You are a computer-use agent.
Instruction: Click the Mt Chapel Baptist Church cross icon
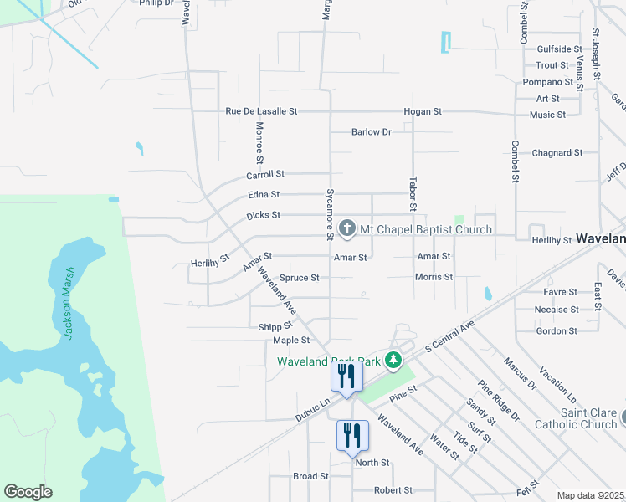pos(348,228)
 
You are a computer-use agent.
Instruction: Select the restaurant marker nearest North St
pos(351,436)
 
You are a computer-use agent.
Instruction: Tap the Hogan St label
pos(422,111)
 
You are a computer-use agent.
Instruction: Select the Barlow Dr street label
pos(372,132)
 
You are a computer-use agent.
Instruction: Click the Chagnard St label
pos(557,153)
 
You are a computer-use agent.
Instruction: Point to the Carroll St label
pos(265,174)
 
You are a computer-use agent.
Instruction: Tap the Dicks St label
pos(263,216)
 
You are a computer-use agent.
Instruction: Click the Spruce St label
pos(299,278)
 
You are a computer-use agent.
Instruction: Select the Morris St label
pos(434,277)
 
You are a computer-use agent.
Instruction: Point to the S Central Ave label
pos(449,335)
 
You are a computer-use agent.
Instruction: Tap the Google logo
pos(28,492)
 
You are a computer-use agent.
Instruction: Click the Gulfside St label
pos(559,49)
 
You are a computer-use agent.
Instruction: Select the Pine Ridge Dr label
pos(499,401)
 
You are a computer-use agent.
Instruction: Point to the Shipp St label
pos(276,326)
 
